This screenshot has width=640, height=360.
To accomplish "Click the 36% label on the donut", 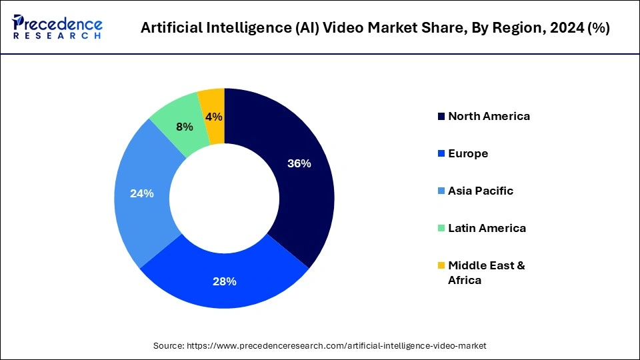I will click(x=299, y=163).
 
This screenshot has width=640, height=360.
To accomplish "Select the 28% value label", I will click(x=225, y=281).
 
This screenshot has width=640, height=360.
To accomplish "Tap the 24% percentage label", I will click(x=142, y=194).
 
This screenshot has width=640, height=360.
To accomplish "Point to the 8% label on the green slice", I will click(x=184, y=127).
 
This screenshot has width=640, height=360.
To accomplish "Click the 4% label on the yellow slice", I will click(x=215, y=117).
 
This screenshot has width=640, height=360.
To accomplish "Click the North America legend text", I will click(x=489, y=116).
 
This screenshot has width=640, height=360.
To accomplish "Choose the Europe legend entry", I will click(x=468, y=153).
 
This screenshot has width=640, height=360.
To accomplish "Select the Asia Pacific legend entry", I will click(x=481, y=191).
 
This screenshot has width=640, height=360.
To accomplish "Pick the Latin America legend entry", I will click(x=487, y=228).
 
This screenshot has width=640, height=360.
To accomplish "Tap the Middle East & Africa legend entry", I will click(x=486, y=273).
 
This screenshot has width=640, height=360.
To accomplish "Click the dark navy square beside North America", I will click(x=441, y=117).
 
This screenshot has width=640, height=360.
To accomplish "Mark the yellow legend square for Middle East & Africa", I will click(x=441, y=266).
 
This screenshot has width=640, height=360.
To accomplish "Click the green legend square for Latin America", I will click(x=441, y=229).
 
